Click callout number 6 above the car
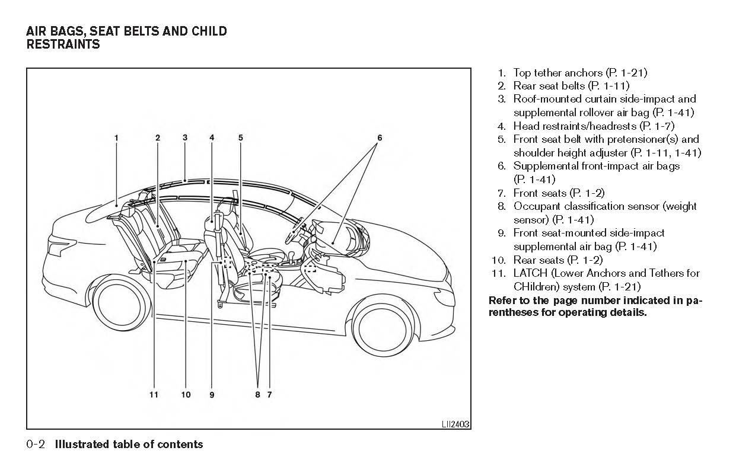point(380,138)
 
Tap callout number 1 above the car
point(116,138)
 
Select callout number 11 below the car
point(154,394)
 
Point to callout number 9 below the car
point(212,394)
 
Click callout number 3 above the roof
point(185,138)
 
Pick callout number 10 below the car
point(186,394)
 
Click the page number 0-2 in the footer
point(37,444)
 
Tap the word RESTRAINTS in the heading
point(63,44)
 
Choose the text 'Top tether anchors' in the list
point(557,73)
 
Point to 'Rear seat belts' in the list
point(549,86)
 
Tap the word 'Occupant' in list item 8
point(537,206)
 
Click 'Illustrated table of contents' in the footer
point(129,444)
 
